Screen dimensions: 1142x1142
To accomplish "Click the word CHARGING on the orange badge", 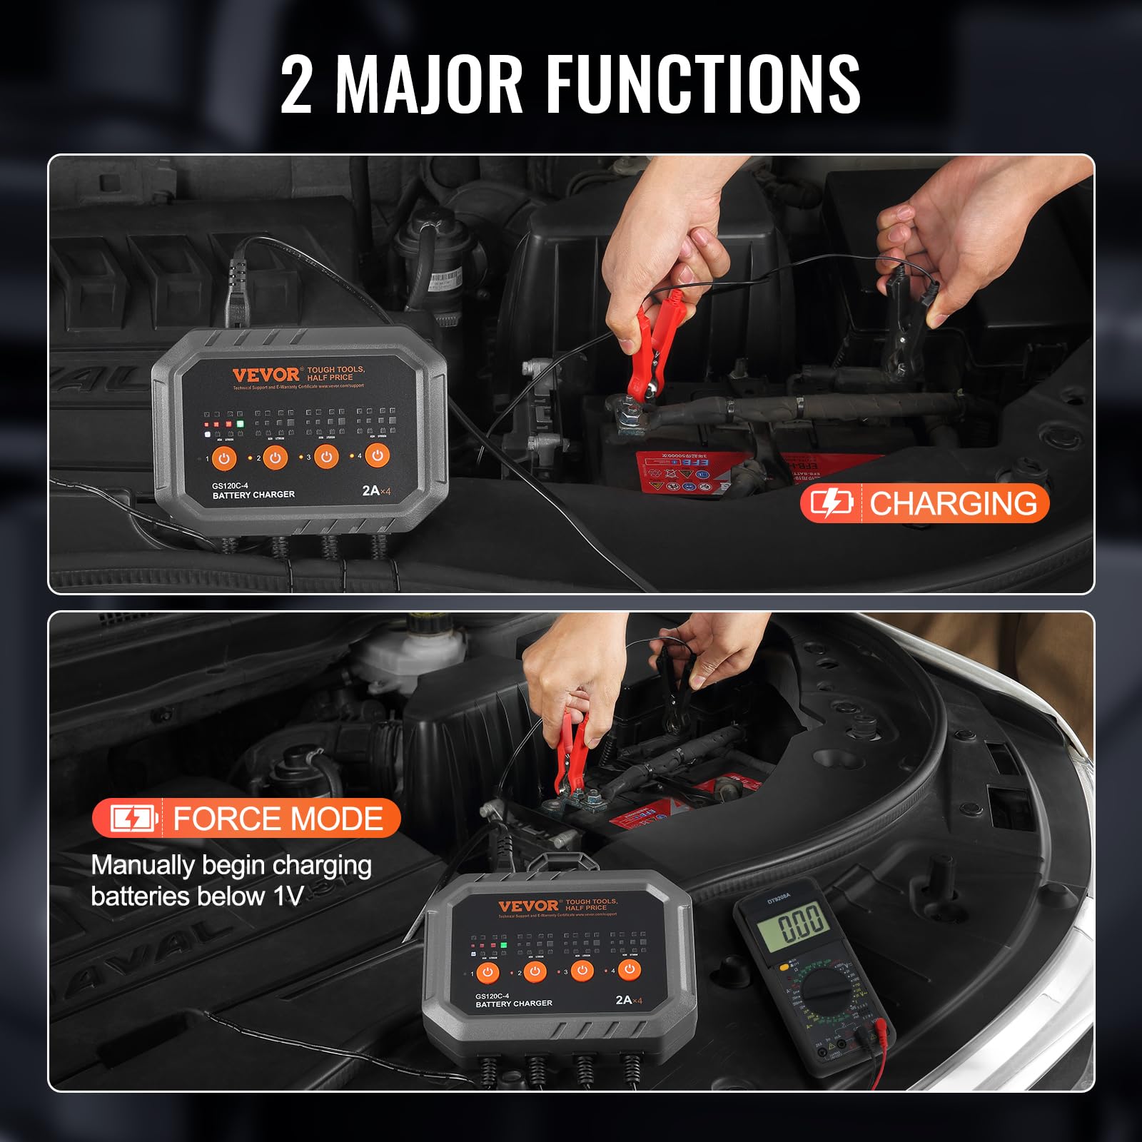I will coord(953,503).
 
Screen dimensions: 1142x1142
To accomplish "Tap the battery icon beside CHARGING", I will coord(832,504).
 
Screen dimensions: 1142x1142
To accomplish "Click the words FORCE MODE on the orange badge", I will coord(278,819).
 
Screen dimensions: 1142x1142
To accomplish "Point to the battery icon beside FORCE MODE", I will coord(133,819).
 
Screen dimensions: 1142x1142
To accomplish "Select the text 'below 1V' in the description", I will coord(250,896).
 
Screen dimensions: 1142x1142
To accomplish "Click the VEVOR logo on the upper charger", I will coord(266,375).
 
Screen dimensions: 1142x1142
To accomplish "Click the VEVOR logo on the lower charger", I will coord(529,906).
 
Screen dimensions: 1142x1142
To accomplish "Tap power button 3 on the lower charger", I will coord(582,971).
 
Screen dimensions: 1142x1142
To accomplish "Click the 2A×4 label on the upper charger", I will coord(377,491).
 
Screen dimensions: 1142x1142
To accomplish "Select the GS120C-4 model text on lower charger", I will coord(492,996).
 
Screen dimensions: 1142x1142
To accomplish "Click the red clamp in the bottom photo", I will coord(571,757).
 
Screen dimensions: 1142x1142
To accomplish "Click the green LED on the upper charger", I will coord(240,424).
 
